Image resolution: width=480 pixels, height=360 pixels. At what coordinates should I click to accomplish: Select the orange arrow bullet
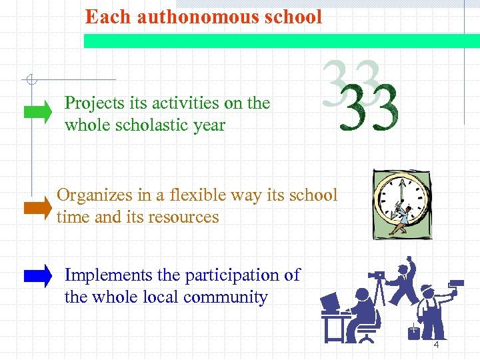click(37, 209)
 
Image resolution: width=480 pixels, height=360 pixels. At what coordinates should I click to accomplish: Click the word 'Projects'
click(95, 103)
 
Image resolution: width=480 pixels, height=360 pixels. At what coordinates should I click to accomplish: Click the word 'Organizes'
click(93, 195)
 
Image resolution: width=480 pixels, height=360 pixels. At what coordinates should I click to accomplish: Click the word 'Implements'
click(107, 275)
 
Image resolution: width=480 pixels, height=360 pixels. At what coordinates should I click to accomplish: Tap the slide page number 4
click(436, 345)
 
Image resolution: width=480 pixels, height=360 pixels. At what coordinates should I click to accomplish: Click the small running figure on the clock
click(401, 220)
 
